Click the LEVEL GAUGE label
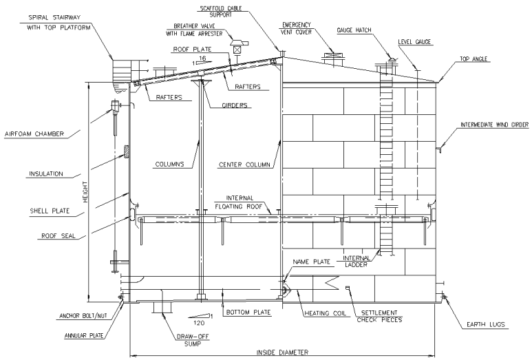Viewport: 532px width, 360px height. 414,42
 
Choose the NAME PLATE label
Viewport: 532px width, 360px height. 308,262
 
